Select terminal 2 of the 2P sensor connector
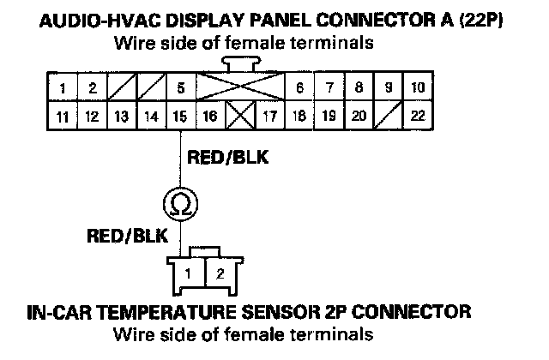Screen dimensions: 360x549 tap(220, 274)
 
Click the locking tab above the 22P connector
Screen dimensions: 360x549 tap(240, 63)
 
